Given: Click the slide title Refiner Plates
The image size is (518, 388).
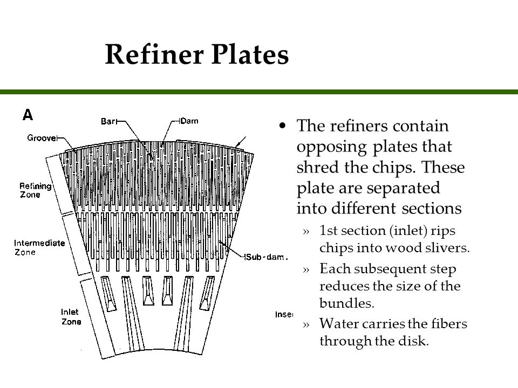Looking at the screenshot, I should (196, 55).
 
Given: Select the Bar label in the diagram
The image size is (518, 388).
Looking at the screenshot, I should (108, 122).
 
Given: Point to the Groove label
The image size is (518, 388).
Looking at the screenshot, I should (42, 138).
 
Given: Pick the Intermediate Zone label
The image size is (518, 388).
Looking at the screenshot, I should (39, 247).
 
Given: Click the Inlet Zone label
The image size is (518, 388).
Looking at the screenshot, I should (71, 317).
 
